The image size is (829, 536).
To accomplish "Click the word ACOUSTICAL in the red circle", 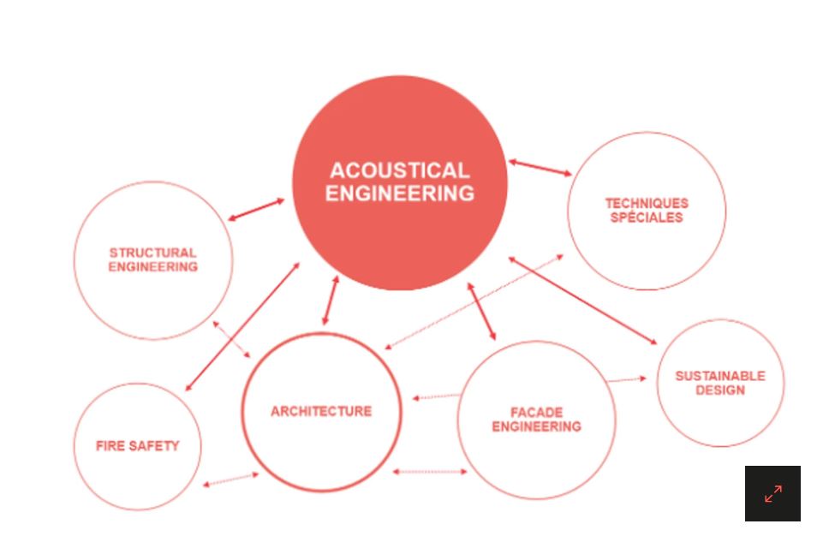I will tap(399, 170).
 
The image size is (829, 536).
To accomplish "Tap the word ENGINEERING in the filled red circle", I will tap(399, 194).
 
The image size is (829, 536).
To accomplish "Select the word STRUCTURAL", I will tap(152, 253).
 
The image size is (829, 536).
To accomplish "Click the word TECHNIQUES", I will tap(647, 203).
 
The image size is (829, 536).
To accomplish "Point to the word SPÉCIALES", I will tap(647, 217).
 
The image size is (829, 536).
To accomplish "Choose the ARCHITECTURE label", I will tap(321, 411).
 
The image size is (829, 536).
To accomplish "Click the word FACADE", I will tap(536, 412).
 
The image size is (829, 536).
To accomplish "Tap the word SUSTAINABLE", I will tap(719, 376).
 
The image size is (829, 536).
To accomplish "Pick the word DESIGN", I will tap(719, 390).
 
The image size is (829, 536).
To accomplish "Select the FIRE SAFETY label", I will tap(137, 446).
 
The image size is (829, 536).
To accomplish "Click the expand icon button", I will tap(772, 493).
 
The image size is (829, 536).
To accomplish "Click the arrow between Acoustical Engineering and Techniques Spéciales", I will tap(540, 167).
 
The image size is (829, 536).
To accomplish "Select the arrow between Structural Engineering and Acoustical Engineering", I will tap(256, 210).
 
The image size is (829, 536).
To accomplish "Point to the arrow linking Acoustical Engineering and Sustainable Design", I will tap(582, 301).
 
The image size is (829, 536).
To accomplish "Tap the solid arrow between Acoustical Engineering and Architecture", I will tap(330, 301).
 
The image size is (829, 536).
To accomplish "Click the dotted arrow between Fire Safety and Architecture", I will tap(230, 479).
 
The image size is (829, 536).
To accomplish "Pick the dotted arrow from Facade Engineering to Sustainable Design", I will tap(628, 379).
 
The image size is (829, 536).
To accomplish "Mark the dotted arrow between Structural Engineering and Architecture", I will tap(231, 339).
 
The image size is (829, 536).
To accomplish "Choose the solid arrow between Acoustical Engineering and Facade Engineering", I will tap(481, 312).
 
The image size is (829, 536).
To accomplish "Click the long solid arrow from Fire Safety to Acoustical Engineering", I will tap(242, 327).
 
